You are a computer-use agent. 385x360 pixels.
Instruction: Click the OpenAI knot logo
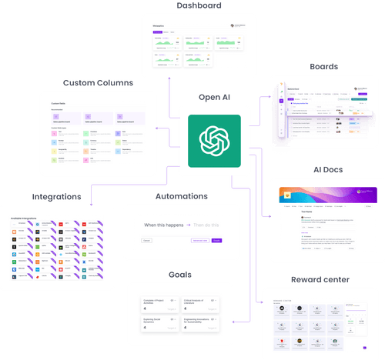[x=210, y=140]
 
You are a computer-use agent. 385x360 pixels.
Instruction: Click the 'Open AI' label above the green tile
[x=209, y=97]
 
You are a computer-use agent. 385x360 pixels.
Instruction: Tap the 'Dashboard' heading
[x=189, y=5]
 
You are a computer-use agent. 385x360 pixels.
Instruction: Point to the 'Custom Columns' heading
[x=99, y=82]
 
